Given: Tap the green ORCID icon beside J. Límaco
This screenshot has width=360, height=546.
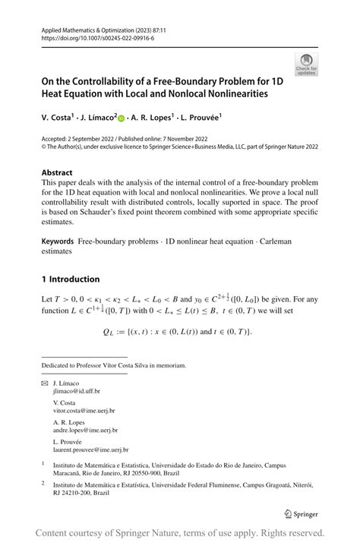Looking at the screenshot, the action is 122,118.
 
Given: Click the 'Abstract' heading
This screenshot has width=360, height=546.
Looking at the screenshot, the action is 58,172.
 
